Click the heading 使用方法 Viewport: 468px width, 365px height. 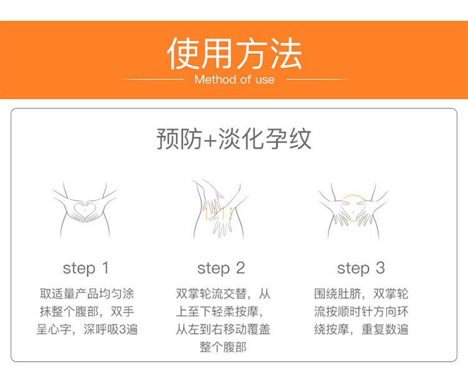pyautogui.click(x=234, y=54)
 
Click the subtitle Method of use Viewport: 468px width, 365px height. pyautogui.click(x=234, y=79)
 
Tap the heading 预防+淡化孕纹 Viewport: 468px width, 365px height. pyautogui.click(x=234, y=138)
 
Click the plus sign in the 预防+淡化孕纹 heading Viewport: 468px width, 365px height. pyautogui.click(x=210, y=139)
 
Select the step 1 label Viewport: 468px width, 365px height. pyautogui.click(x=85, y=268)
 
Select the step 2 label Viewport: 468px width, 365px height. pyautogui.click(x=221, y=268)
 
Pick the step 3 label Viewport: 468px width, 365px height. pyautogui.click(x=361, y=268)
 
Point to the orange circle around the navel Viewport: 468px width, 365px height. pyautogui.click(x=353, y=195)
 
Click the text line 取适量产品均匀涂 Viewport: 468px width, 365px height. pyautogui.click(x=87, y=294)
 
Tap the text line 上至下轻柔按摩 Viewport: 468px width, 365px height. pyautogui.click(x=220, y=312)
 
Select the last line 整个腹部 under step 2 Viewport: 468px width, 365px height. pyautogui.click(x=223, y=347)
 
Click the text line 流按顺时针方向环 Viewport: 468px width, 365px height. pyautogui.click(x=361, y=312)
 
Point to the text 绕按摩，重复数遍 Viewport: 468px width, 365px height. pyautogui.click(x=361, y=329)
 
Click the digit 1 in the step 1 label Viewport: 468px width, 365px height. pyautogui.click(x=105, y=267)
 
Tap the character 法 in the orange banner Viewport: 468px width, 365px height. pyautogui.click(x=286, y=54)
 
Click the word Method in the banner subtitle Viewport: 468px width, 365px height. pyautogui.click(x=215, y=79)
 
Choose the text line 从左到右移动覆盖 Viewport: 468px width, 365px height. pyautogui.click(x=223, y=329)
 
